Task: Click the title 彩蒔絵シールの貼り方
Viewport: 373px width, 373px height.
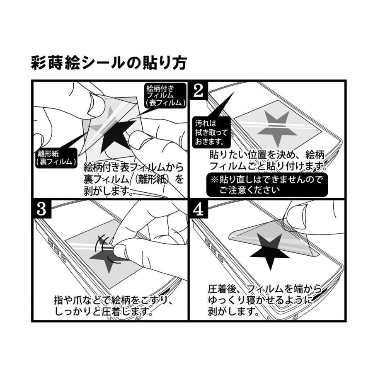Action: coord(109,63)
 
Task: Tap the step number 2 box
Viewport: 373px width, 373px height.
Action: coord(199,91)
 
